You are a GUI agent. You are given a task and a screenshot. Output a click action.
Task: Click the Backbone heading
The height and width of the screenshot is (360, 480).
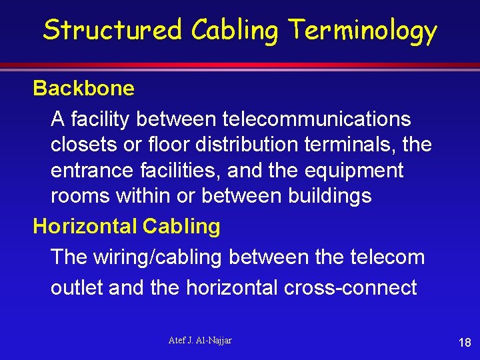[83, 88]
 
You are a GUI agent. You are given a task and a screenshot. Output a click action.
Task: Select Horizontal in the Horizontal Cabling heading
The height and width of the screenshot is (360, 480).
[85, 227]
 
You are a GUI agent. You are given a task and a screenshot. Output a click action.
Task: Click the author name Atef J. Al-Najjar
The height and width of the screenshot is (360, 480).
[199, 341]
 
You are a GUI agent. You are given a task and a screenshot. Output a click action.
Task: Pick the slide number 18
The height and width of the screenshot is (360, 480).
[465, 343]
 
